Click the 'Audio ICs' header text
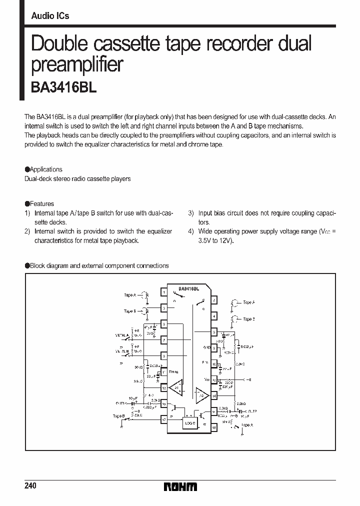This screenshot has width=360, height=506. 50,16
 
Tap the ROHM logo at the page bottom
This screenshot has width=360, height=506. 180,486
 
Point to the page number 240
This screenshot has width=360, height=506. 30,486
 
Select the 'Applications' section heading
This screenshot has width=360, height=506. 46,169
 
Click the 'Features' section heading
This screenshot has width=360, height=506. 41,204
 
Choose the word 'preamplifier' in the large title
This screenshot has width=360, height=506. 77,64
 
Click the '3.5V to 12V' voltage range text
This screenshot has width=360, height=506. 215,240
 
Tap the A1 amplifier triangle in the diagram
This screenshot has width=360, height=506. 175,387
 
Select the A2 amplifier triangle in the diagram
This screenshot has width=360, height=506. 202,394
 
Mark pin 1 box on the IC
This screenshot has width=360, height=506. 163,291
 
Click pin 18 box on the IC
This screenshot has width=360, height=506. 214,428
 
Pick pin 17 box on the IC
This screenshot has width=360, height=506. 163,420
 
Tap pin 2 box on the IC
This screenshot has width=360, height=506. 214,300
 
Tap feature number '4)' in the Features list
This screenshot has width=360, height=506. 191,231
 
